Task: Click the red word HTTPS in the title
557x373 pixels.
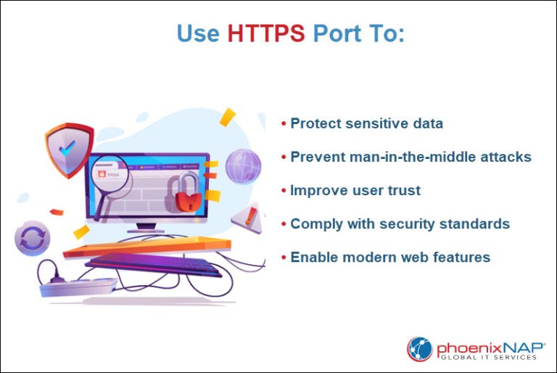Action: (x=265, y=33)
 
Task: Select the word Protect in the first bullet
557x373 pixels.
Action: (x=315, y=123)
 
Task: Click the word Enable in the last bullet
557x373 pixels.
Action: (x=312, y=257)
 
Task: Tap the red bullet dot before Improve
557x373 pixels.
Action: (x=284, y=191)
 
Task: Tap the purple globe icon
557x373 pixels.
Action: (x=242, y=166)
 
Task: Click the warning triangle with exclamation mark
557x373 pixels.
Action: (x=247, y=216)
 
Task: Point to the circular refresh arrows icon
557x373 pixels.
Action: (x=33, y=238)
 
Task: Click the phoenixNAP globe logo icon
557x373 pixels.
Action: (x=419, y=348)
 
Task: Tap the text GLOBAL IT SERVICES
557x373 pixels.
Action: (x=487, y=356)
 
